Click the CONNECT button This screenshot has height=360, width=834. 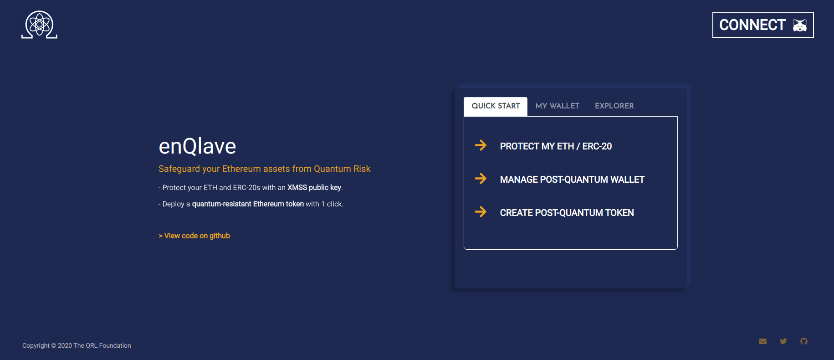763,25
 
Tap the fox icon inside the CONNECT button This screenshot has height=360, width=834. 800,25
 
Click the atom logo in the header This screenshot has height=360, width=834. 39,25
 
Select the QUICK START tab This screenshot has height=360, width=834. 496,106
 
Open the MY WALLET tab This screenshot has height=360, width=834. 558,106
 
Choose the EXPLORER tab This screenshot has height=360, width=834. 614,106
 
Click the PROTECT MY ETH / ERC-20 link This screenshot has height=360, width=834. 556,146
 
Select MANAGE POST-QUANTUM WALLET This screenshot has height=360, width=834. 572,180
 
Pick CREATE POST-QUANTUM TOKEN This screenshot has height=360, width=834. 567,213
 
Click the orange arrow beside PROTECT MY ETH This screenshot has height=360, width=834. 481,145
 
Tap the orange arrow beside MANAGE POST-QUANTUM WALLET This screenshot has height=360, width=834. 481,179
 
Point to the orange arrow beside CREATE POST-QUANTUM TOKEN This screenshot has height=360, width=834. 481,212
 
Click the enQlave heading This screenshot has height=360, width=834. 197,146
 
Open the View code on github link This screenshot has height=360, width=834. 194,236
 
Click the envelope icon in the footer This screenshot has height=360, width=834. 763,341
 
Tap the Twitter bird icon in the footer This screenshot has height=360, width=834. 783,341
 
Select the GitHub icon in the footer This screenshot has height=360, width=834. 804,341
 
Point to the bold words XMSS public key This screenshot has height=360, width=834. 314,188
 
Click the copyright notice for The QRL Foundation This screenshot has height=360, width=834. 77,346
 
